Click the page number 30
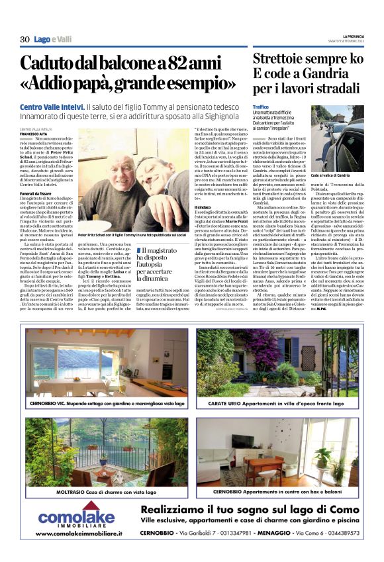pos(25,40)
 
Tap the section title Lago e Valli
pos(53,40)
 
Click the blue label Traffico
pos(261,107)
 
